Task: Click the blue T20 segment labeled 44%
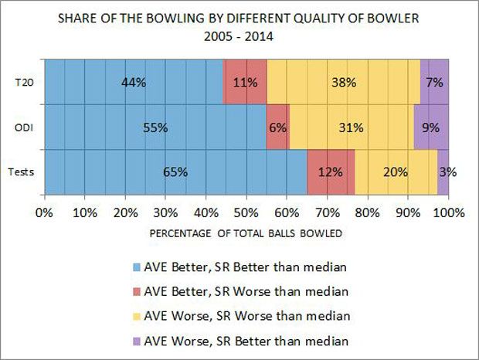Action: [133, 82]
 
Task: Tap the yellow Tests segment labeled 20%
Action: [396, 172]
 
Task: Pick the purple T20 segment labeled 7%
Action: [433, 82]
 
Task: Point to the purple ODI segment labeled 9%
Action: [430, 127]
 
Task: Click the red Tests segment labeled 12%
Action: [331, 172]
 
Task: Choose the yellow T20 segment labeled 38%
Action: [343, 82]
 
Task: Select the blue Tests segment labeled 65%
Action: [175, 172]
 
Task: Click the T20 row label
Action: [23, 82]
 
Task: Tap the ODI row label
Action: [23, 127]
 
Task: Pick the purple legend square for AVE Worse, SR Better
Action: [138, 340]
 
